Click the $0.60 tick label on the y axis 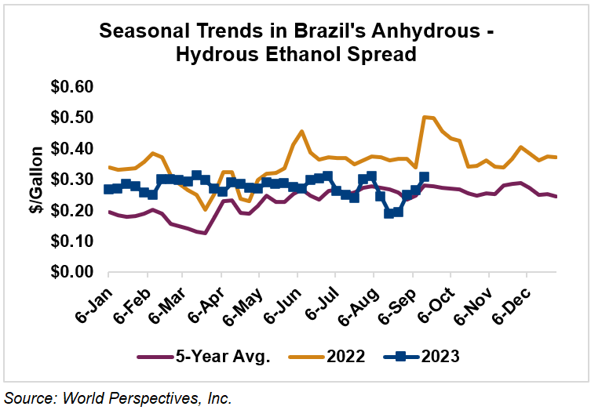pyautogui.click(x=71, y=86)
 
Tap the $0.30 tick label pyautogui.click(x=71, y=180)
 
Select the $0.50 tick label pyautogui.click(x=71, y=118)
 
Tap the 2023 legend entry pyautogui.click(x=436, y=357)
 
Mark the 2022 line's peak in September pyautogui.click(x=425, y=117)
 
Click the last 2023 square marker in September pyautogui.click(x=424, y=177)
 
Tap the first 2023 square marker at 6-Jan pyautogui.click(x=108, y=189)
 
